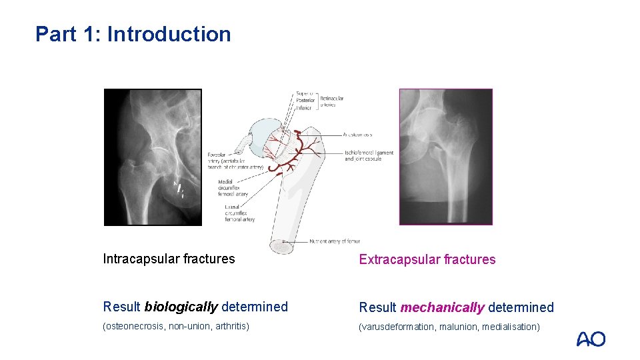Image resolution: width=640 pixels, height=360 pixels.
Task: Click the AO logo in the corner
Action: [x=591, y=339]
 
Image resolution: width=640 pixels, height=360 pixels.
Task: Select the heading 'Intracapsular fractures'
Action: [x=169, y=259]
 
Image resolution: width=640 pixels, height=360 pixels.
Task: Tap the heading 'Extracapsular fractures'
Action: [x=427, y=259]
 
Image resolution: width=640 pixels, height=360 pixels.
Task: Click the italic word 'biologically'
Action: [x=181, y=307]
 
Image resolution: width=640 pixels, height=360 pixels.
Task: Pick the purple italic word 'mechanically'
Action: [x=442, y=307]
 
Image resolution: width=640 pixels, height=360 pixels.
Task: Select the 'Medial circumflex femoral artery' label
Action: [x=233, y=188]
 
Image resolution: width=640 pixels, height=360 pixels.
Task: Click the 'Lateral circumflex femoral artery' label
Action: [x=239, y=213]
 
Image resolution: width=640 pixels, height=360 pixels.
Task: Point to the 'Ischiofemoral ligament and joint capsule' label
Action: [x=369, y=155]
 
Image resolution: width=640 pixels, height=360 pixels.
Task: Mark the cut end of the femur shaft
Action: [x=281, y=246]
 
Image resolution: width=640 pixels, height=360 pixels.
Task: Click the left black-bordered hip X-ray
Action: [x=153, y=157]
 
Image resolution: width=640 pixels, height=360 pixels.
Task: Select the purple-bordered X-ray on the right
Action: [x=445, y=157]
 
